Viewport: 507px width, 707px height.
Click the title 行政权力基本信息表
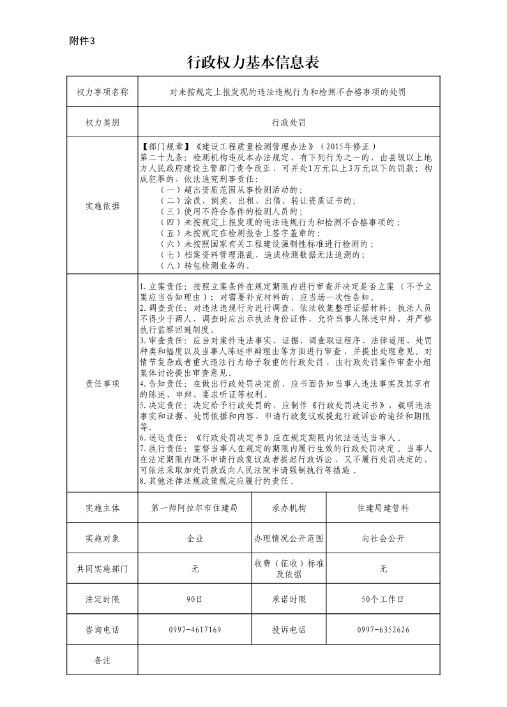252,62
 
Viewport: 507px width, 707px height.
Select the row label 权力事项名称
102,92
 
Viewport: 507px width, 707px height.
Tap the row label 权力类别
102,121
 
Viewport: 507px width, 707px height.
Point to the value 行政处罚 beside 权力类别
289,121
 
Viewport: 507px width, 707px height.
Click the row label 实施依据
102,205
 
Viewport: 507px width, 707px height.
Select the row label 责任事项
102,383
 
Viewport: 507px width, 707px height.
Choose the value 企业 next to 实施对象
195,539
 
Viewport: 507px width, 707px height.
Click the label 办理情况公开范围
289,539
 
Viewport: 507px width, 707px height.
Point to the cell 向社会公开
383,539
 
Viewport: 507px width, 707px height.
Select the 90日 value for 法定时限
195,600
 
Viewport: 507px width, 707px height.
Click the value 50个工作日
383,600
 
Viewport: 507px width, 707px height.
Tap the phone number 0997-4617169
195,630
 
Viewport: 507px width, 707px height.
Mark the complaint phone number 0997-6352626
383,630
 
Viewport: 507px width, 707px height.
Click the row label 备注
102,660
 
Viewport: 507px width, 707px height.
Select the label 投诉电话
289,630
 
